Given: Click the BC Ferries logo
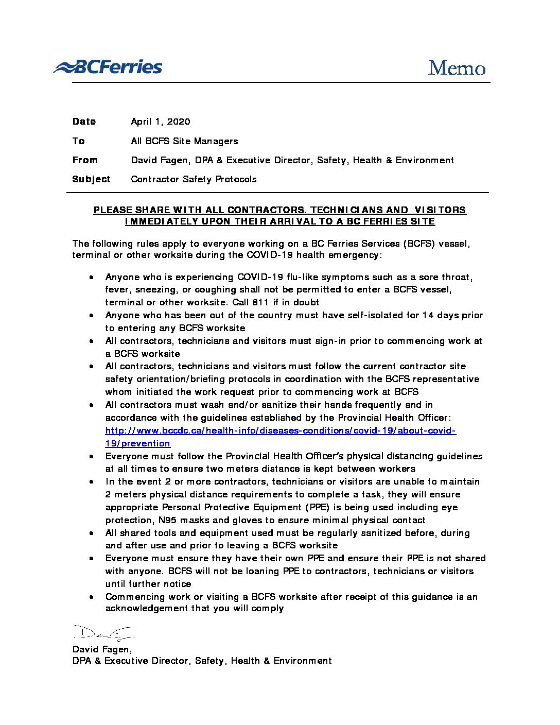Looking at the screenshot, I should [108, 67].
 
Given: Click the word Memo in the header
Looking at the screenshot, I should [457, 68].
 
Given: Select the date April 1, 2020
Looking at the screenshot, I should [160, 122].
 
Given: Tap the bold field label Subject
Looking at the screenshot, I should [91, 179].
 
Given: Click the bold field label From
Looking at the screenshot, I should [85, 160].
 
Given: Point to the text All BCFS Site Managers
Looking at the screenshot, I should [184, 141].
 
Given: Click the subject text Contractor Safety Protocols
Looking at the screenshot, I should [194, 179].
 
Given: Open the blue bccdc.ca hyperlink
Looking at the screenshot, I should [281, 430].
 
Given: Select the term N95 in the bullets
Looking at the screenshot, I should [167, 520].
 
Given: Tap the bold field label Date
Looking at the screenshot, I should [84, 122].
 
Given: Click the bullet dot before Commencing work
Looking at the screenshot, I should [91, 597].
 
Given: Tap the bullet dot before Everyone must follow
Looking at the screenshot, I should [91, 457].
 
